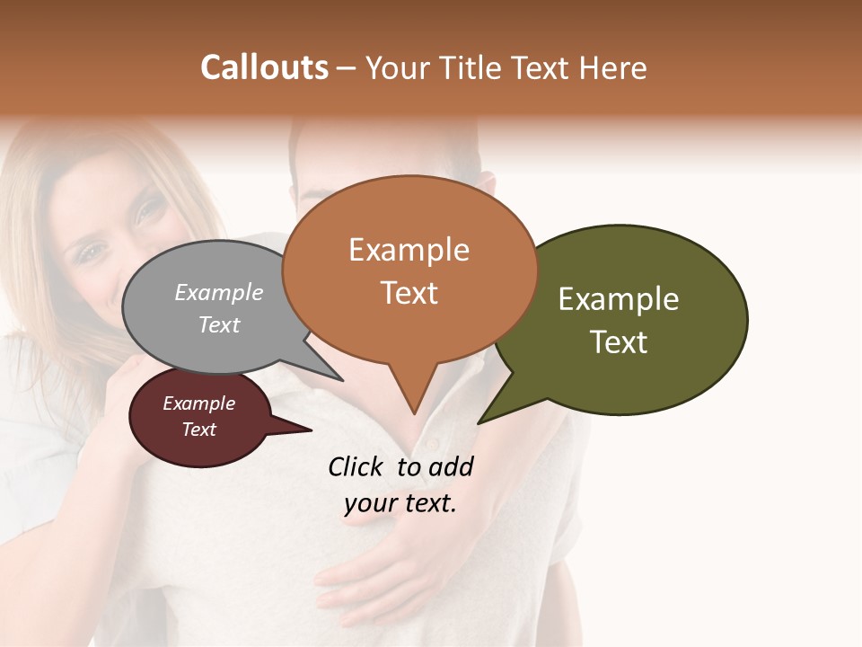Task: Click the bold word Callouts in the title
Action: pyautogui.click(x=264, y=67)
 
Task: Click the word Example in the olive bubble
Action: pyautogui.click(x=619, y=299)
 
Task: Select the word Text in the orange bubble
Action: pyautogui.click(x=409, y=293)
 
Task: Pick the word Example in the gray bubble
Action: pyautogui.click(x=219, y=293)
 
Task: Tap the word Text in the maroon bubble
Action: pyautogui.click(x=199, y=430)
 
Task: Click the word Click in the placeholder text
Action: pyautogui.click(x=354, y=466)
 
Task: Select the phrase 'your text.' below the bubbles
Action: pyautogui.click(x=400, y=503)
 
